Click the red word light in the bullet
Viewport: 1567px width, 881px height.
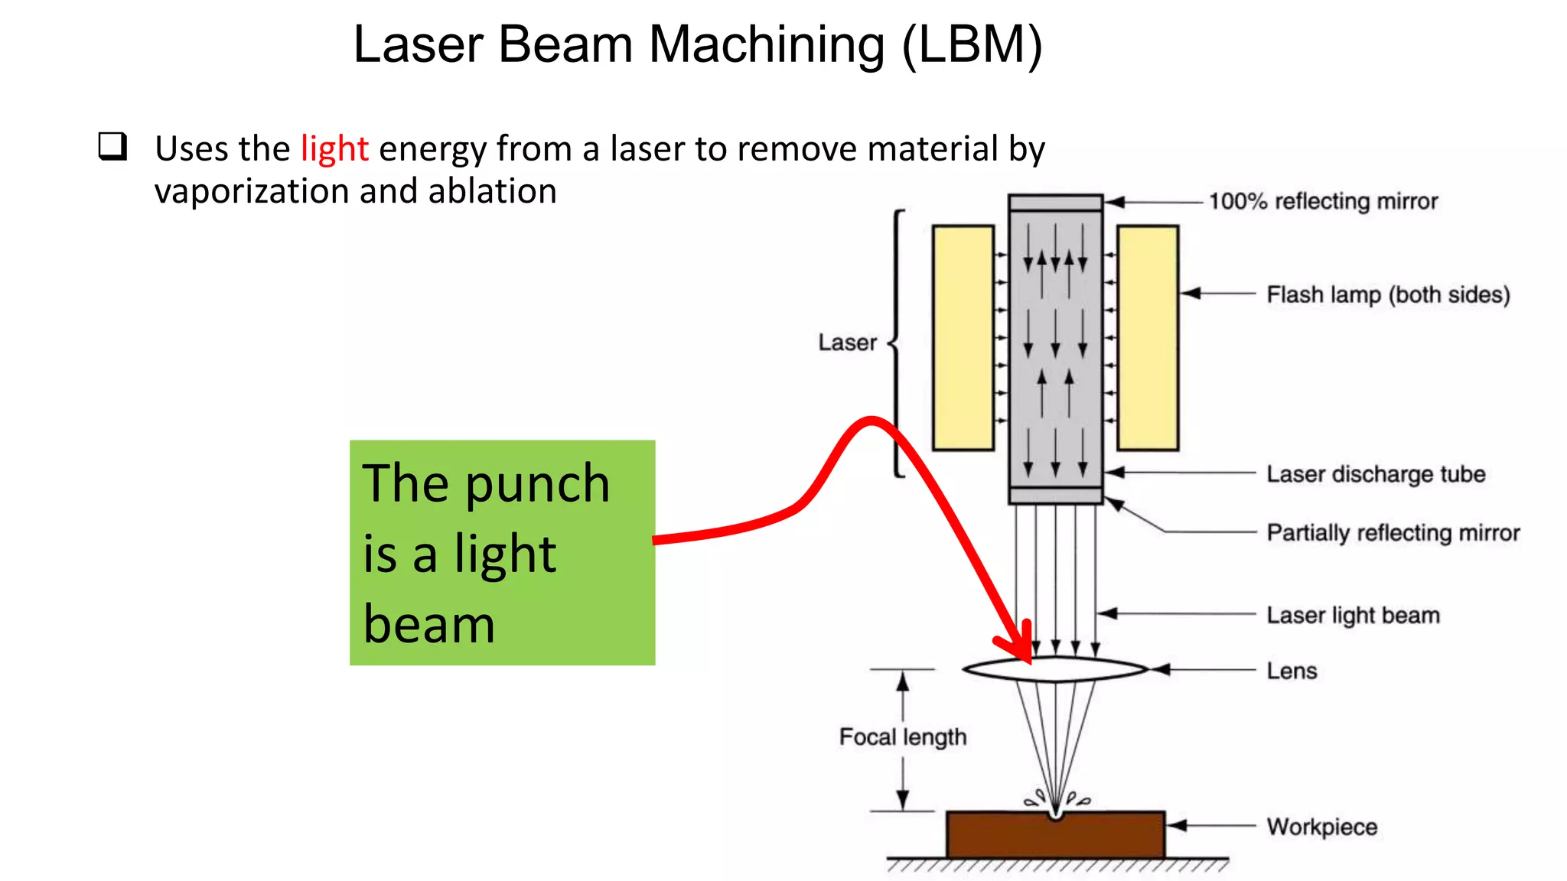(334, 149)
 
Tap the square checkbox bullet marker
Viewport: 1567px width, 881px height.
(112, 145)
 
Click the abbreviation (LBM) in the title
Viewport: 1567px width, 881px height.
(972, 44)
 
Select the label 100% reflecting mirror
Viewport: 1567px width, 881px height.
(1323, 201)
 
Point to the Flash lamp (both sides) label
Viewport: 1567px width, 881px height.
(1388, 294)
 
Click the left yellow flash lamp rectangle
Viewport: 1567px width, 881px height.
(963, 337)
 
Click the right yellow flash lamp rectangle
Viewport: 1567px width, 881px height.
(1147, 337)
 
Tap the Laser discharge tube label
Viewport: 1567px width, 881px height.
(1376, 474)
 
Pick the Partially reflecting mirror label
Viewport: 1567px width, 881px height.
(1393, 532)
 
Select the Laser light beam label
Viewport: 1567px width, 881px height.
(1353, 615)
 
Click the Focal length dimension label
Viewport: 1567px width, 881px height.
(903, 737)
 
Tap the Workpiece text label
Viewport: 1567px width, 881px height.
(1321, 827)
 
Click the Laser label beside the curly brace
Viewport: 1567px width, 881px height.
(847, 343)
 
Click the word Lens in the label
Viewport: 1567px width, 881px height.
(1292, 671)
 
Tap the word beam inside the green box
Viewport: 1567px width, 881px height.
(428, 625)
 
